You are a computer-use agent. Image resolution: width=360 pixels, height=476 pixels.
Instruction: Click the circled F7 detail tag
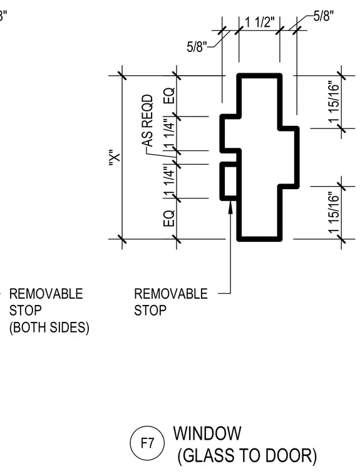click(x=147, y=443)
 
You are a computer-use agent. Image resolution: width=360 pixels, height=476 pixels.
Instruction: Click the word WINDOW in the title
click(x=207, y=433)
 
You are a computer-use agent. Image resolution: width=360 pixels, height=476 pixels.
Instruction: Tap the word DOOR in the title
click(x=291, y=456)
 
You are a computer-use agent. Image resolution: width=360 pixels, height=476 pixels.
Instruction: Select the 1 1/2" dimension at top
click(x=260, y=22)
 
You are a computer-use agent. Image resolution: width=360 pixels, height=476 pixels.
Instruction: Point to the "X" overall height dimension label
click(x=115, y=158)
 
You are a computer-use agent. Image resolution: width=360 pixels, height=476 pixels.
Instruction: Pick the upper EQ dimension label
click(x=170, y=96)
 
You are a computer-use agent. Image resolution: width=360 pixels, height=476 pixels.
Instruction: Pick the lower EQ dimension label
click(x=170, y=218)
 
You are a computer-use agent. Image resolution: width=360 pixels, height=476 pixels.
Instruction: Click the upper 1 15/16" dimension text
click(x=334, y=101)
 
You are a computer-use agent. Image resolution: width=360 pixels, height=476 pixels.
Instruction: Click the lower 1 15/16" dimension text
click(x=334, y=212)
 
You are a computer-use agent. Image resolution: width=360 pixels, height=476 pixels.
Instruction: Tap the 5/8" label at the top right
click(x=324, y=16)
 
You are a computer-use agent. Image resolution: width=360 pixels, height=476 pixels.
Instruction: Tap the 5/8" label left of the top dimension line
click(x=197, y=47)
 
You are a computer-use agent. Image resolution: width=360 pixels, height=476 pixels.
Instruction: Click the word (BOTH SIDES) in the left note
click(x=49, y=328)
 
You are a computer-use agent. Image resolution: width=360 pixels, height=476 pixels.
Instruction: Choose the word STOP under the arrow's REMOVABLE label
click(x=150, y=311)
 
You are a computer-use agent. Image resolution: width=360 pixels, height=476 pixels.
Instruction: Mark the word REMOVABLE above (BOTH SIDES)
click(x=46, y=294)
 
